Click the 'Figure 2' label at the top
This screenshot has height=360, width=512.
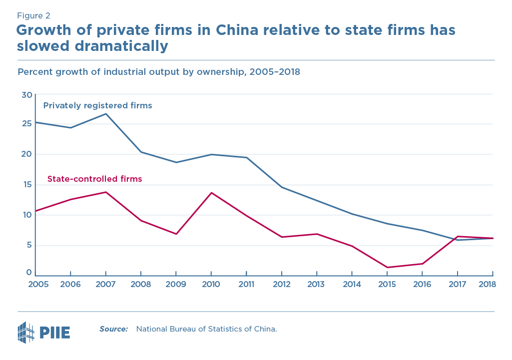pyautogui.click(x=33, y=15)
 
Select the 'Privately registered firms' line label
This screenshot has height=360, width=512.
pyautogui.click(x=97, y=106)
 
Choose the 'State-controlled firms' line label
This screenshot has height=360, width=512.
pyautogui.click(x=94, y=179)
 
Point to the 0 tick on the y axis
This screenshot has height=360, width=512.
pyautogui.click(x=29, y=273)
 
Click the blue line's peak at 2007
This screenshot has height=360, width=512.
pyautogui.click(x=106, y=114)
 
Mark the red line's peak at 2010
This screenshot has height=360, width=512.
pyautogui.click(x=211, y=193)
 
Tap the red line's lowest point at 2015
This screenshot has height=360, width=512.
pyautogui.click(x=388, y=268)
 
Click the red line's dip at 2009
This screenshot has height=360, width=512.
pyautogui.click(x=176, y=234)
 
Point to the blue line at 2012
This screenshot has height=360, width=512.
pyautogui.click(x=282, y=187)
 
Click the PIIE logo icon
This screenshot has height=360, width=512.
pyautogui.click(x=26, y=331)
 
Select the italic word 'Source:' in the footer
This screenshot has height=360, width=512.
pyautogui.click(x=113, y=329)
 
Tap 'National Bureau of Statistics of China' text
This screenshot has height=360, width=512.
pyautogui.click(x=206, y=329)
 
